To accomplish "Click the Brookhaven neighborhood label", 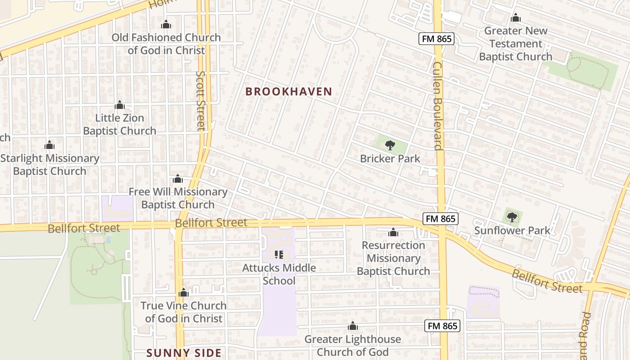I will click(288, 91).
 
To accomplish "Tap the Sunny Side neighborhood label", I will click(184, 352).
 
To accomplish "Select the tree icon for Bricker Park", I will click(390, 145).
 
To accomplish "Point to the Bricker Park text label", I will click(390, 158).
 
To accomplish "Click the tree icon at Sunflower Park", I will click(512, 217).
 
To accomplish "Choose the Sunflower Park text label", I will click(512, 231).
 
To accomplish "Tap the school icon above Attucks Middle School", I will click(279, 255).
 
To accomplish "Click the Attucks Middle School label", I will click(279, 274).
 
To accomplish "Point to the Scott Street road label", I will click(201, 101).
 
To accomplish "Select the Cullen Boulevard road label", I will click(437, 106).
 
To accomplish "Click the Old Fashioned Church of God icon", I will click(166, 24).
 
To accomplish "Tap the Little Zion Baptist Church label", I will click(120, 125).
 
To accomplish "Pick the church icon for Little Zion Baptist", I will click(120, 105).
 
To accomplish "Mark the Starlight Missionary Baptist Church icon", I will click(49, 145).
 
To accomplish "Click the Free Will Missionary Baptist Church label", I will click(178, 198).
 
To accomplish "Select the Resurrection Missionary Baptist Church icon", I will click(393, 232).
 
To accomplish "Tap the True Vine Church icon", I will click(183, 293).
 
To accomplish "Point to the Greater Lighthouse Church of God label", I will click(352, 345).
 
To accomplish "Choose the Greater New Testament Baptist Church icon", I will click(516, 18).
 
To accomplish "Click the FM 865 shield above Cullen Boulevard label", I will click(436, 39).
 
